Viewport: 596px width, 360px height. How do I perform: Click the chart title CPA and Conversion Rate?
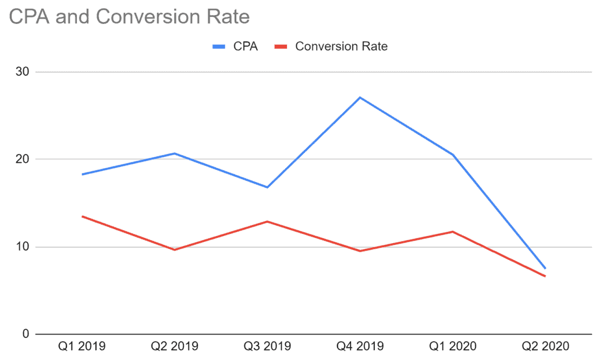click(129, 17)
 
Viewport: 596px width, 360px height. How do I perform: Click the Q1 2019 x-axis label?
click(81, 347)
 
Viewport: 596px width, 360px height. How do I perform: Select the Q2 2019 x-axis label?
click(174, 347)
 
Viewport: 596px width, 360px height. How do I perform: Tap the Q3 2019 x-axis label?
click(267, 347)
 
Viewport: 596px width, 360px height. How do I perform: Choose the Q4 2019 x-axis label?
click(360, 347)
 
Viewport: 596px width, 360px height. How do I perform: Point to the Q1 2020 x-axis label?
click(452, 347)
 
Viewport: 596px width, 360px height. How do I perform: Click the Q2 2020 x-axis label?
click(545, 347)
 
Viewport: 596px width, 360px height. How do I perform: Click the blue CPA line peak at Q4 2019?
click(360, 97)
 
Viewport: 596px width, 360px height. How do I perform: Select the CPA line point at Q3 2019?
click(267, 187)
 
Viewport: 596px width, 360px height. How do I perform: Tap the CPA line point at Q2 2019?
click(174, 154)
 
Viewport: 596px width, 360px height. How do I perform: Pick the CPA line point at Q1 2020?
click(452, 155)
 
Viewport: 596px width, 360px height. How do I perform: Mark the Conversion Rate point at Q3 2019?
click(267, 222)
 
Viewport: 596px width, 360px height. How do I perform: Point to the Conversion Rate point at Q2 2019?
click(174, 249)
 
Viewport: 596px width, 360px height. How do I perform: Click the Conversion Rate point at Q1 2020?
click(452, 231)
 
